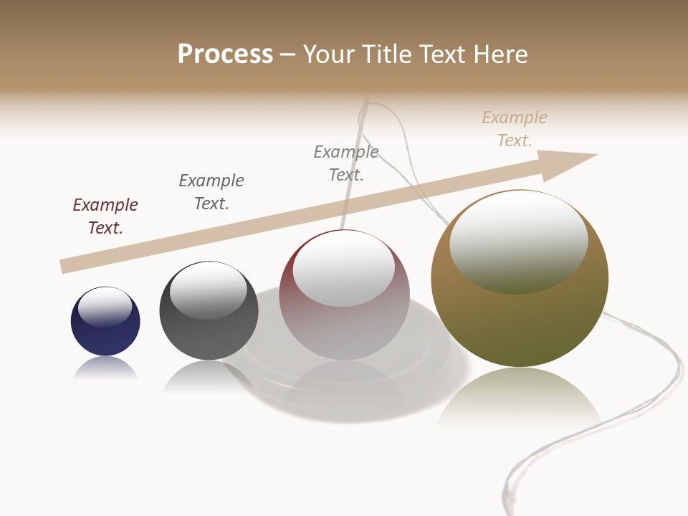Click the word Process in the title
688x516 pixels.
pos(225,54)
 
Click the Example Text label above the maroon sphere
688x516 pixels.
pos(346,163)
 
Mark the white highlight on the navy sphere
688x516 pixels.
pos(105,307)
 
